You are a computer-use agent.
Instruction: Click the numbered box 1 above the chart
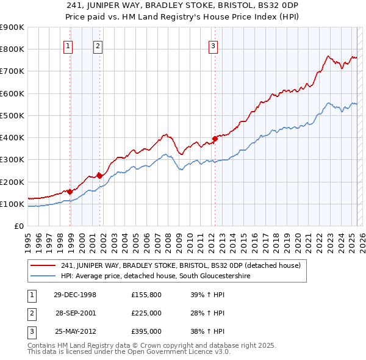coord(68,45)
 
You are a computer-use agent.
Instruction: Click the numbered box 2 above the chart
coord(98,45)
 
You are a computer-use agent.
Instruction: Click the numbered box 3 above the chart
coord(213,45)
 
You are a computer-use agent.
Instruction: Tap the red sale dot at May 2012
coord(215,139)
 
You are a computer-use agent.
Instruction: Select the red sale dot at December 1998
coord(70,192)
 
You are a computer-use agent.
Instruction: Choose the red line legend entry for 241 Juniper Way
coord(181,265)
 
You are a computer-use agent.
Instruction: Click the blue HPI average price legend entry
coord(156,276)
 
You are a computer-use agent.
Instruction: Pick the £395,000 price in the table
coord(146,332)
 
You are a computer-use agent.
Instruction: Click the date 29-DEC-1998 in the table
coord(74,295)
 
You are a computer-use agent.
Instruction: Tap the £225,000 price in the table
coord(146,313)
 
